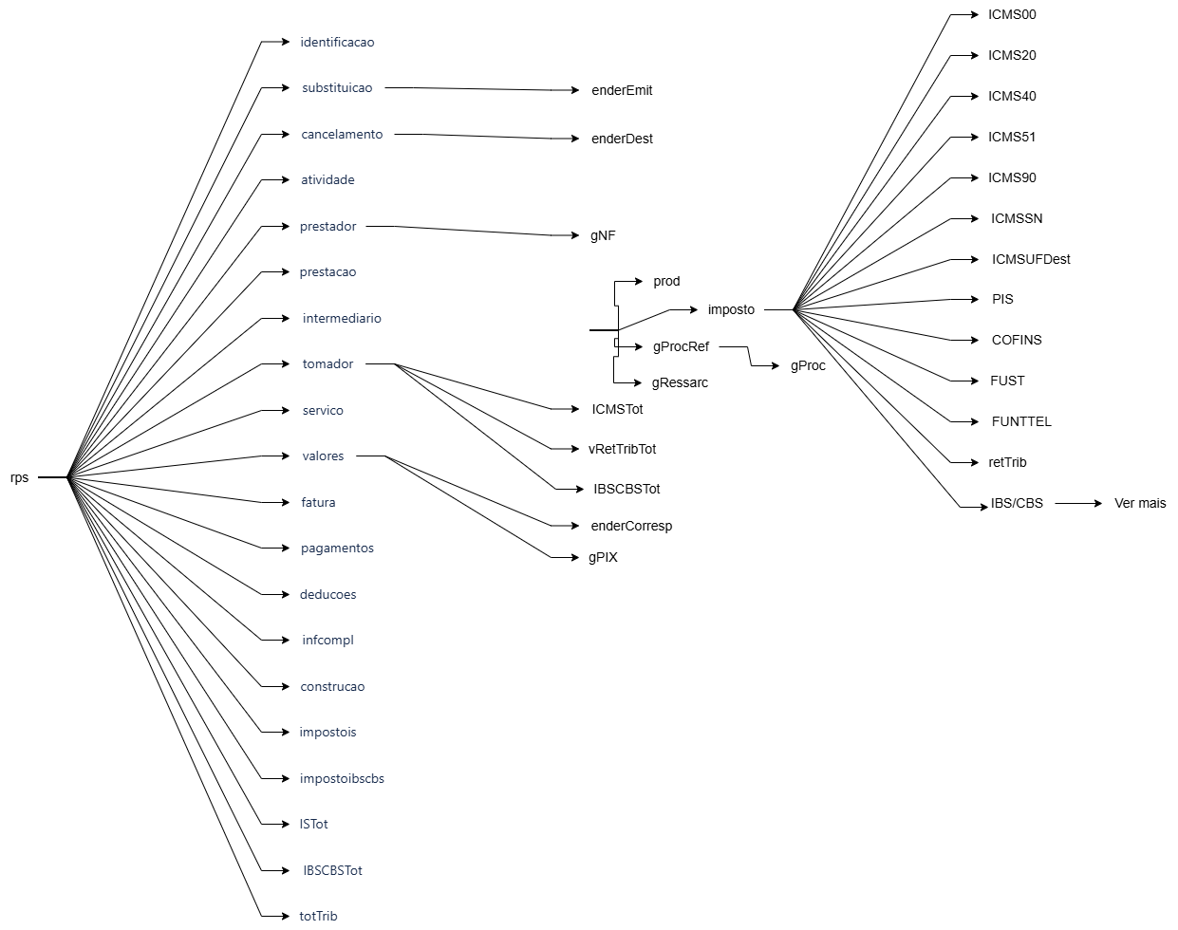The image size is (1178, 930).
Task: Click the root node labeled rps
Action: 20,477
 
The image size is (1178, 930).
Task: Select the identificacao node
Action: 337,43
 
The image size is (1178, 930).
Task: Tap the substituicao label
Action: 337,88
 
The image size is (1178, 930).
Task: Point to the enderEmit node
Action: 622,91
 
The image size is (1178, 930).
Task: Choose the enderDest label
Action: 622,139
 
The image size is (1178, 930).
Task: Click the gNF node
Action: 603,235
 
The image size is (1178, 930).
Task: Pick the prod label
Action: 666,282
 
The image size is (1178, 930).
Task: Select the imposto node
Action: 731,309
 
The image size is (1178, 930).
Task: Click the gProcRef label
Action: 681,346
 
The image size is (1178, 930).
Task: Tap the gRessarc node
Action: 680,383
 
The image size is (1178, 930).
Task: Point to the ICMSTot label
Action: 617,409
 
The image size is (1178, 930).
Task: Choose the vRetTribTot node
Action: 622,449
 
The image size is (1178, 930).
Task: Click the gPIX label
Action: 603,557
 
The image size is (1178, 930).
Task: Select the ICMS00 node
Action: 1012,14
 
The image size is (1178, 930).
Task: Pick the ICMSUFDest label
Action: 1031,259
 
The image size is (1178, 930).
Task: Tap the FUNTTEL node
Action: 1021,421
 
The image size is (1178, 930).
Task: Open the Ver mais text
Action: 1140,503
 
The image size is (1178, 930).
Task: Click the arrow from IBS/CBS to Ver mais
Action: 1078,503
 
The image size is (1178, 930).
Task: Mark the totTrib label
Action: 318,916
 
